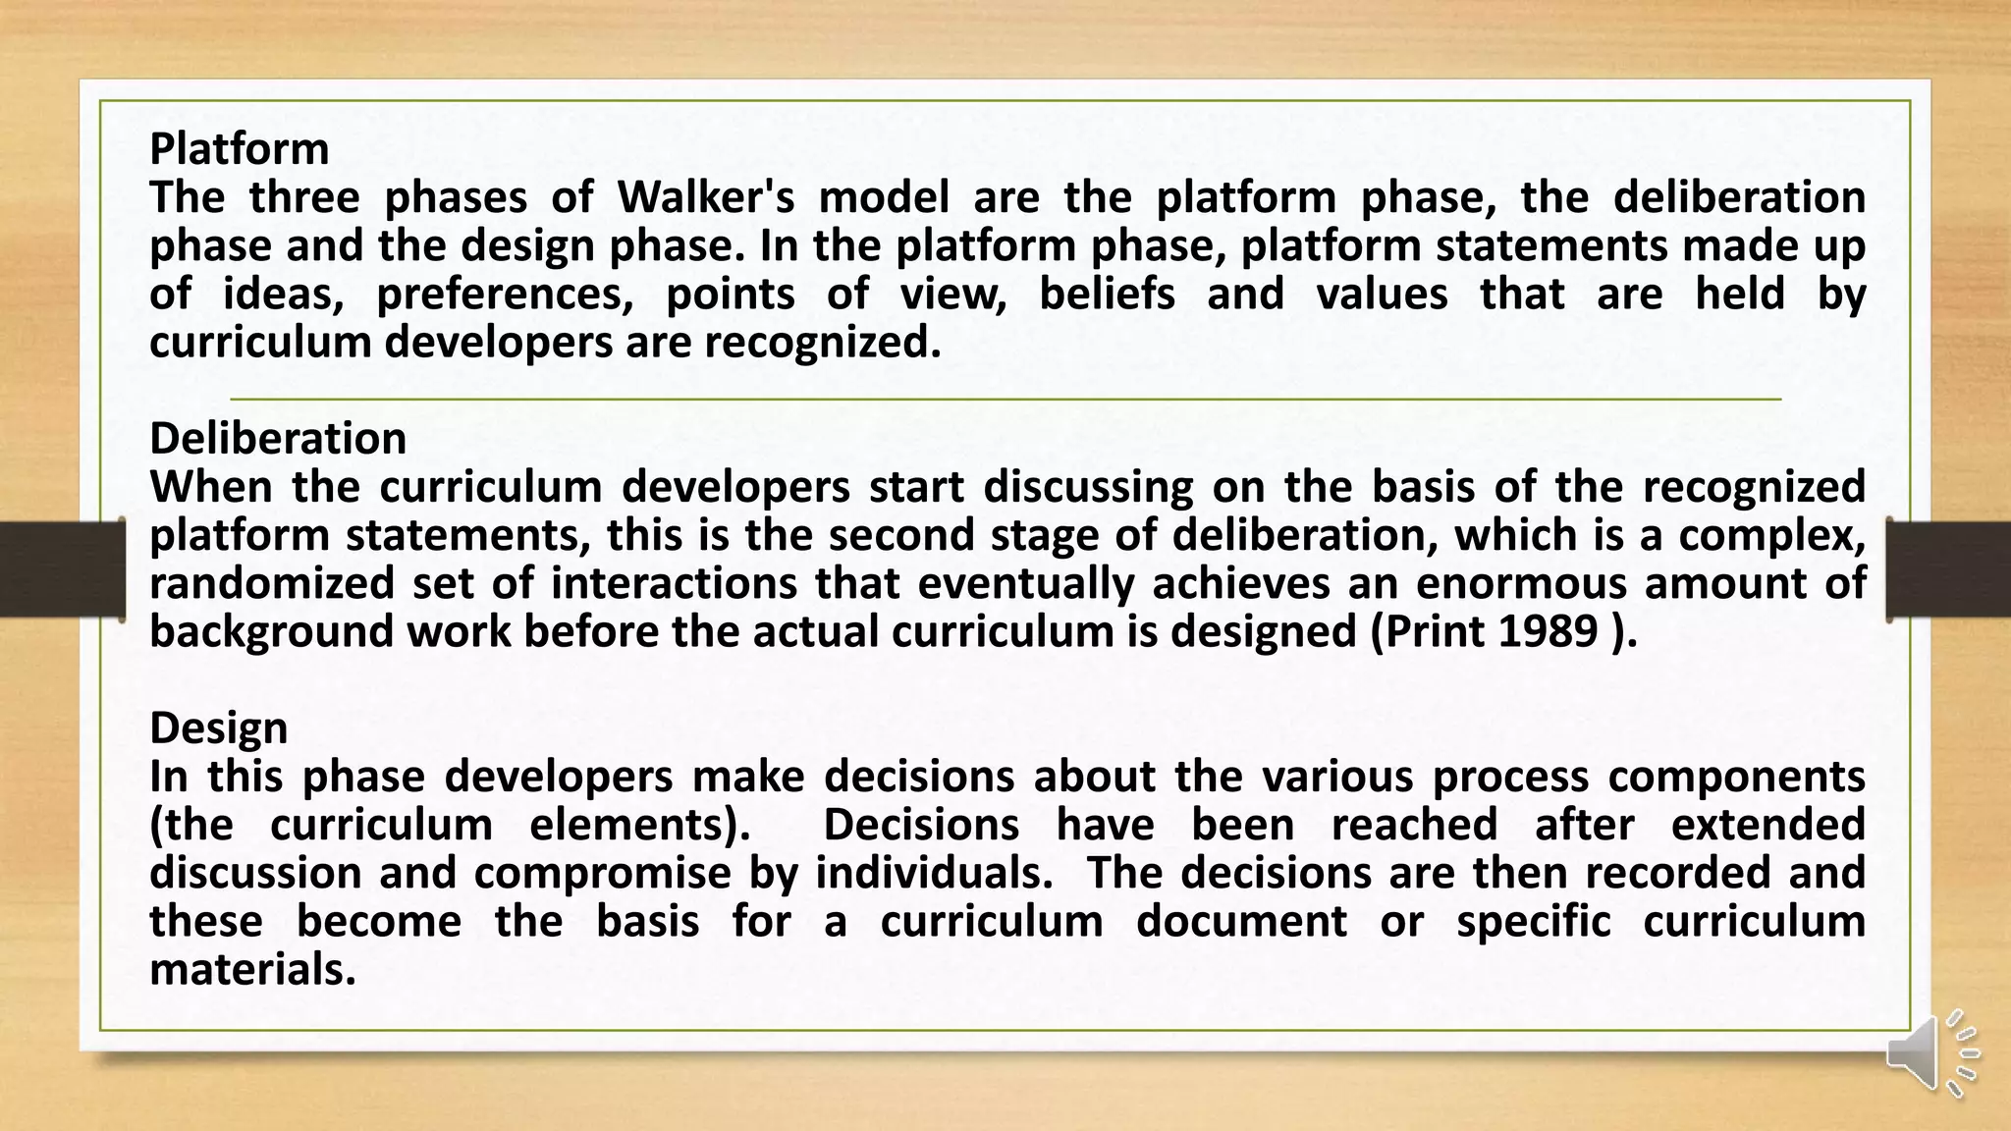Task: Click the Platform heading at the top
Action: point(239,149)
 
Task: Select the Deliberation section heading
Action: point(278,439)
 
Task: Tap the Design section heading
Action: point(218,728)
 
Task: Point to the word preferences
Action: point(505,295)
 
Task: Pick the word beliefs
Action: point(1107,295)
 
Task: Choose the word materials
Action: point(251,970)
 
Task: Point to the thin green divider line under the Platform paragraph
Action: point(1005,400)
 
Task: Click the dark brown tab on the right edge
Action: point(1949,569)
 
